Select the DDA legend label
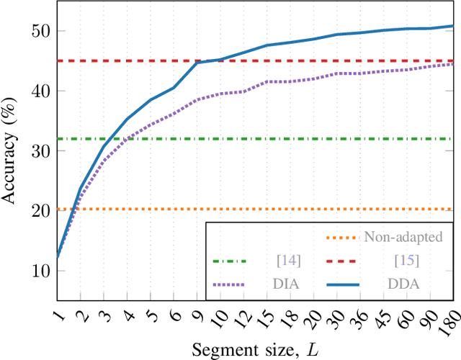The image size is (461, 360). click(x=408, y=285)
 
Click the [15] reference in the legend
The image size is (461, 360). click(x=408, y=261)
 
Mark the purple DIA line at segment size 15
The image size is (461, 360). click(x=267, y=81)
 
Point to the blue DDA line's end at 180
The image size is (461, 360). click(x=452, y=26)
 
